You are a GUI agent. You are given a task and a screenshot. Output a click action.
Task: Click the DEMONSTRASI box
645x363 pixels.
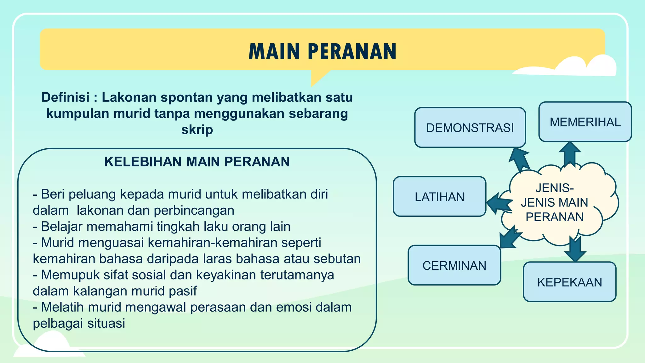point(470,128)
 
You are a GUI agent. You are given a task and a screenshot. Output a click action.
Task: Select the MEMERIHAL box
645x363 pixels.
point(585,122)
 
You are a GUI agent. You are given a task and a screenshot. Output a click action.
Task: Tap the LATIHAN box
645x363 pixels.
point(439,197)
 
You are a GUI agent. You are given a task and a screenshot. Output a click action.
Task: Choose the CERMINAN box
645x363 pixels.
point(454,265)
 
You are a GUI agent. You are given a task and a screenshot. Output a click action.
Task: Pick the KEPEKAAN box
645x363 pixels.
point(569,282)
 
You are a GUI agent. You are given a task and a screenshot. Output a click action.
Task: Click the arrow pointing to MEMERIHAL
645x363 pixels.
point(570,153)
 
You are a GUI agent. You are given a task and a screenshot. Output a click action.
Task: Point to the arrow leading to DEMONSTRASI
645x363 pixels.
point(519,159)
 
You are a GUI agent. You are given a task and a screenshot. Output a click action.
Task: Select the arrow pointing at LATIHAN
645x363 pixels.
point(499,204)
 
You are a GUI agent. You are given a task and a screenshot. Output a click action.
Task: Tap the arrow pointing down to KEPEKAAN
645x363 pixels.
point(575,249)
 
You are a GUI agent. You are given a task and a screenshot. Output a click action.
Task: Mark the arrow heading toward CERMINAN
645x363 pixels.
point(508,238)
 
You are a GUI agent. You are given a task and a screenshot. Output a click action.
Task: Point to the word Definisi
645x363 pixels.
point(65,97)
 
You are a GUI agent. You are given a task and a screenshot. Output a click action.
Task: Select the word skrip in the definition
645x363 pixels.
point(197,130)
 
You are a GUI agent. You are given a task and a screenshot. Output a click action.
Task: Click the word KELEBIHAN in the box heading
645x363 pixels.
point(143,162)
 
